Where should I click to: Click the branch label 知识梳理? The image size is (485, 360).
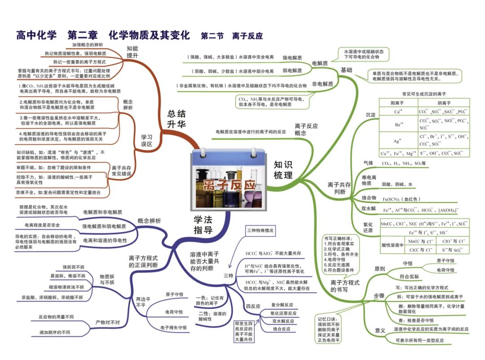click(283, 169)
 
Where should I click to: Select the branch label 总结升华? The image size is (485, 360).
click(177, 119)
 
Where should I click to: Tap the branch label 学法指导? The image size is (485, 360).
click(203, 224)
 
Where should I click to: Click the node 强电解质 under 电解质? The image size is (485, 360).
click(292, 58)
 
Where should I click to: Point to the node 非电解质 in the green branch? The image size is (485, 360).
click(322, 84)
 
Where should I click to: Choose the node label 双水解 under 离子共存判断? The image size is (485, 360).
click(369, 208)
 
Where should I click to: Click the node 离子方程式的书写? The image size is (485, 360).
click(345, 286)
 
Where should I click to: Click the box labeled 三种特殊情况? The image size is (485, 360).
click(260, 231)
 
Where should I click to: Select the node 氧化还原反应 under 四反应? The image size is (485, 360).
click(283, 313)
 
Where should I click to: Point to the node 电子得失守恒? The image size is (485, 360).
click(173, 328)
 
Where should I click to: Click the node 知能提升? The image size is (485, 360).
click(132, 52)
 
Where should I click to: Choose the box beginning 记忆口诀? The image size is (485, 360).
click(329, 330)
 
